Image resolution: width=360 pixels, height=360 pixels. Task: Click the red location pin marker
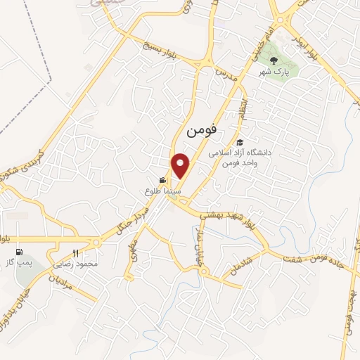click(x=181, y=166)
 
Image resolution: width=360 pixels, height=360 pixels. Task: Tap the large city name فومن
click(x=202, y=130)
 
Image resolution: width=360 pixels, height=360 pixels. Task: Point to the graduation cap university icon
click(x=240, y=143)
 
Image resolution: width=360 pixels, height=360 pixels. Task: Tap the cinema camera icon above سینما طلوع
click(x=163, y=180)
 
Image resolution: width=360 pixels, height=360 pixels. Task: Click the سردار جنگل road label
click(x=134, y=220)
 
